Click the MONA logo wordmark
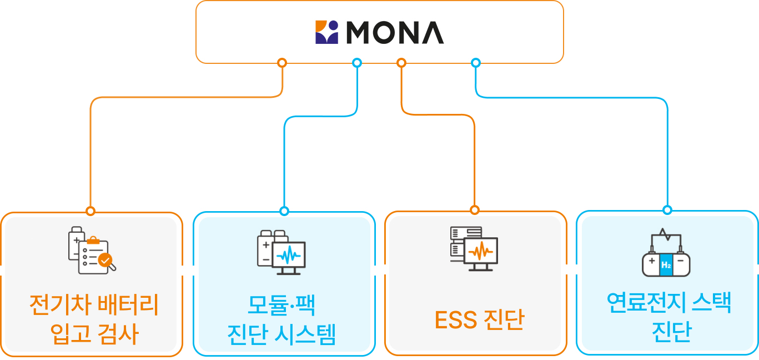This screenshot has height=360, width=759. point(395,32)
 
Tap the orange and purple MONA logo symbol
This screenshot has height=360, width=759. point(326,32)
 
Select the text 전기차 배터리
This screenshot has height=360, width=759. point(93,305)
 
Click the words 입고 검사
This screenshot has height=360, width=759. point(93,334)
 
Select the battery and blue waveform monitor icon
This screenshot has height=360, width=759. point(281,252)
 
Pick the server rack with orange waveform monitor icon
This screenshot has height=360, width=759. point(474,248)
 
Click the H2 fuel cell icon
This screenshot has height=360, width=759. point(666,253)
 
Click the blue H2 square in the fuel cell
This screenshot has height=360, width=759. point(666,266)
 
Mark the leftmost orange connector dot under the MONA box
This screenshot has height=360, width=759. point(282,63)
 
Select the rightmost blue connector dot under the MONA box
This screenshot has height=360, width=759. point(476,63)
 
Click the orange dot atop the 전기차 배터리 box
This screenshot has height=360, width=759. point(91,211)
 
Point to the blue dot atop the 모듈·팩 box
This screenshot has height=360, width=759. point(284,211)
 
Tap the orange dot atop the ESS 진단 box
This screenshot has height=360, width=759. point(474,210)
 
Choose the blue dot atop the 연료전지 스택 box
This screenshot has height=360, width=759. point(667,210)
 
